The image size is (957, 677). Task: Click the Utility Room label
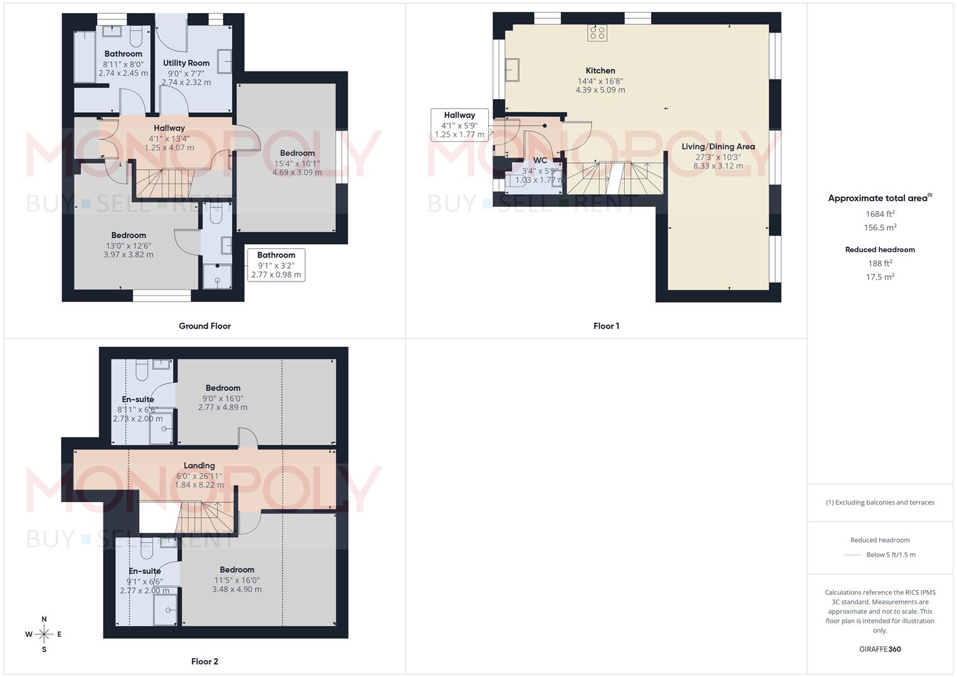[x=186, y=63]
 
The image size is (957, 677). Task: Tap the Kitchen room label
[x=600, y=71]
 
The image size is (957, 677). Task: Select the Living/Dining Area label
[x=718, y=147]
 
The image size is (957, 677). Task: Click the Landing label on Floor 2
[x=199, y=466]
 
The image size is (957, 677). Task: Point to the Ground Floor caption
[x=205, y=326]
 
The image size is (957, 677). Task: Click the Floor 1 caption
[x=606, y=326]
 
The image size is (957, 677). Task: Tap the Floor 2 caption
[x=205, y=661]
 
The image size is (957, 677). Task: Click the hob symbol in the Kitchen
[x=597, y=33]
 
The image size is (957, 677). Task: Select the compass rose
[x=44, y=634]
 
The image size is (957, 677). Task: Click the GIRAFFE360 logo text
[x=880, y=649]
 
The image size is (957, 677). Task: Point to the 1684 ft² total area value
[x=880, y=214]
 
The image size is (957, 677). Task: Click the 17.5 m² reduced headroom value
[x=880, y=277]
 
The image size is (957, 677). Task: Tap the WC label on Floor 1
[x=540, y=160]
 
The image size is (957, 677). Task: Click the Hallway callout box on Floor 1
[x=459, y=124]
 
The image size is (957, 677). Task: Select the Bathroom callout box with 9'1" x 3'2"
[x=276, y=265]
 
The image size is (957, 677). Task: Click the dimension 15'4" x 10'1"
[x=297, y=164]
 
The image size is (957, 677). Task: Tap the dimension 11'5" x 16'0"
[x=237, y=580]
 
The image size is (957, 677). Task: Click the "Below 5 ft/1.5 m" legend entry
[x=891, y=555]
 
